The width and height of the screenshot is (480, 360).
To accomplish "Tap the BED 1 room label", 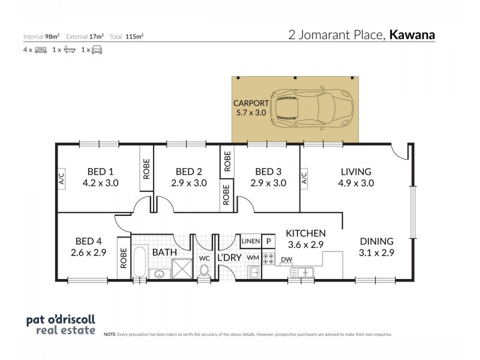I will point(96,171).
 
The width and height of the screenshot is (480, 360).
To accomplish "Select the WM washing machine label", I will point(253,257).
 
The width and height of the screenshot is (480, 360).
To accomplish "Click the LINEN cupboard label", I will point(250,241).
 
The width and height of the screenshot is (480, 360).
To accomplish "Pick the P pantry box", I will point(268,241).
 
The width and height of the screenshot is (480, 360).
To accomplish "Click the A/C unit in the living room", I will point(304,178).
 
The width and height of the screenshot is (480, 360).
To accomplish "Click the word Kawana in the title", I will point(412,35).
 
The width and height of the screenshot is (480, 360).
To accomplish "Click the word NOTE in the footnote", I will point(110,334).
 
